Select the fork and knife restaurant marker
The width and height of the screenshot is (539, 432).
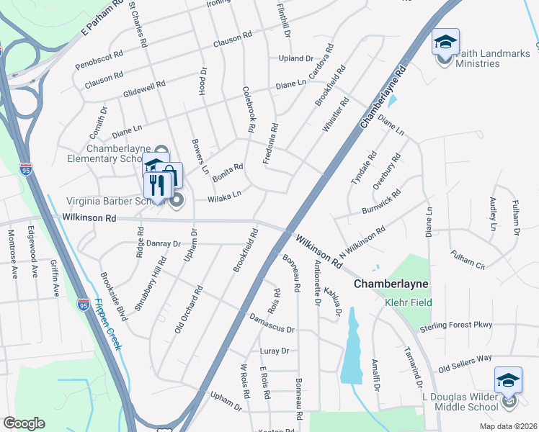pyautogui.click(x=156, y=185)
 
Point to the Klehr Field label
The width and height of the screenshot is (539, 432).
pyautogui.click(x=408, y=302)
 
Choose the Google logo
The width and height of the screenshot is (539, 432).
pyautogui.click(x=24, y=423)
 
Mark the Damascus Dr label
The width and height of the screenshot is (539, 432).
pyautogui.click(x=272, y=323)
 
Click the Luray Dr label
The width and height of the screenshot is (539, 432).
pyautogui.click(x=274, y=351)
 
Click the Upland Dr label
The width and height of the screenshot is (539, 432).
pyautogui.click(x=296, y=58)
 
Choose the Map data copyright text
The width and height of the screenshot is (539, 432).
pyautogui.click(x=507, y=426)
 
